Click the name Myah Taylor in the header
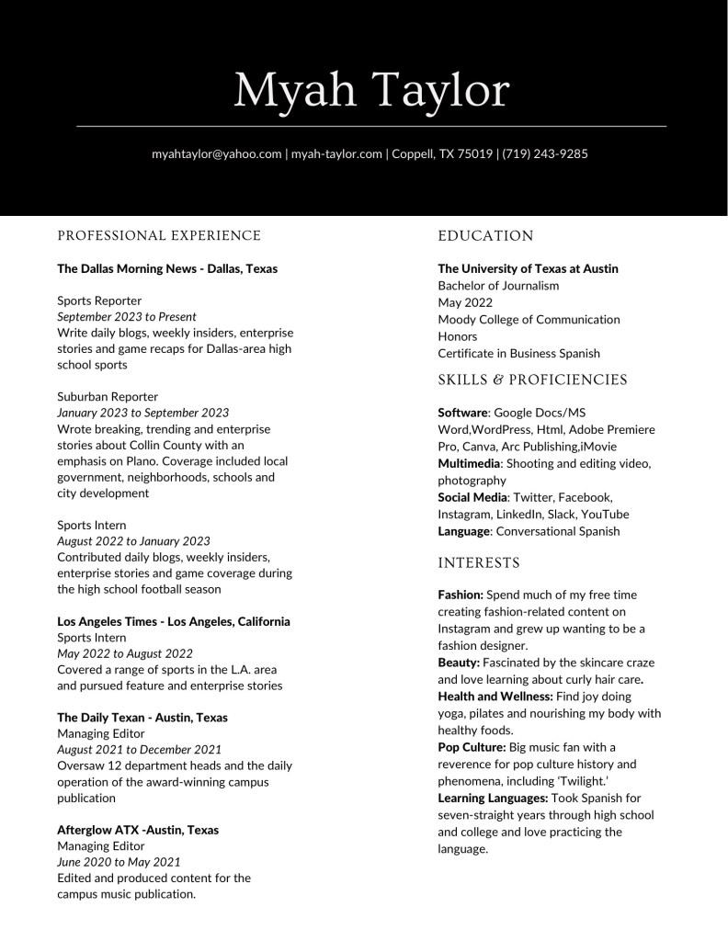[371, 89]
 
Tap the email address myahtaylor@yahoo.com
[216, 153]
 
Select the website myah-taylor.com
[336, 153]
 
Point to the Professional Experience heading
[159, 236]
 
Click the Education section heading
[485, 236]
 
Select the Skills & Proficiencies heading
[532, 380]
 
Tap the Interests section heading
[479, 562]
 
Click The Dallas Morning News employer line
[167, 268]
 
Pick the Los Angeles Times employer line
[174, 621]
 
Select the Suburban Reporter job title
[108, 396]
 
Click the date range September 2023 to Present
[127, 317]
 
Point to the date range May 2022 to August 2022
[125, 653]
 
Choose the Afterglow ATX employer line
[138, 830]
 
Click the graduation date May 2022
[465, 302]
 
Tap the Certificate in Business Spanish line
[518, 353]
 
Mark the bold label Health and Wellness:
[495, 697]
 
